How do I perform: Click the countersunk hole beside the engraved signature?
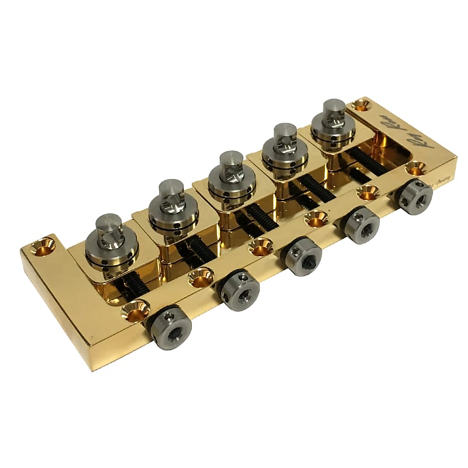361,105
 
